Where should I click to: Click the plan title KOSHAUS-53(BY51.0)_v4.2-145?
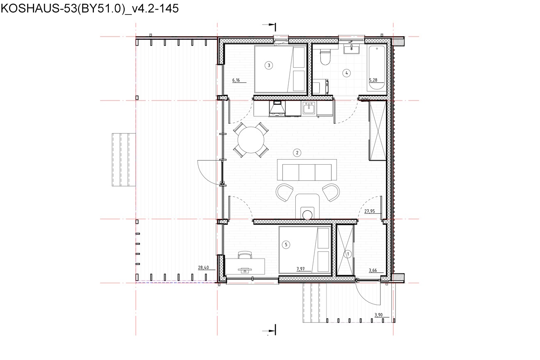[90, 9]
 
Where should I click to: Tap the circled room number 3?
[269, 65]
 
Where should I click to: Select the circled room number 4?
[346, 73]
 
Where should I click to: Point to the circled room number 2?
[297, 153]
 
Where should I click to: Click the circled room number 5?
[286, 245]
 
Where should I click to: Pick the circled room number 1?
[348, 254]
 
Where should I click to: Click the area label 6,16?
[236, 80]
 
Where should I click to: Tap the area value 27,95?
[370, 211]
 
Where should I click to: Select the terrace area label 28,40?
[203, 267]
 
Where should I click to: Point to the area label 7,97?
[300, 269]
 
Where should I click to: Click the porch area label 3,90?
[378, 315]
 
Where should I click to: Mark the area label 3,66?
[373, 270]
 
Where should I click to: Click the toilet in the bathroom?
[325, 56]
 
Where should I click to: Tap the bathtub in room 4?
[377, 68]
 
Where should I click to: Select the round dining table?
[251, 140]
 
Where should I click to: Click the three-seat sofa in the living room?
[307, 170]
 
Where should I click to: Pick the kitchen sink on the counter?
[309, 108]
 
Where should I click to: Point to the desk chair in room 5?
[245, 255]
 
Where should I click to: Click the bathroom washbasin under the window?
[351, 49]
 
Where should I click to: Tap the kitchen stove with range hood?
[277, 109]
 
